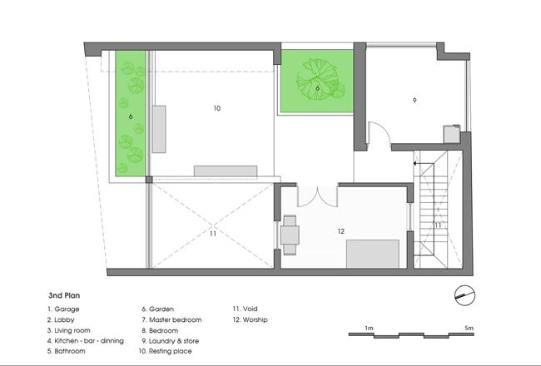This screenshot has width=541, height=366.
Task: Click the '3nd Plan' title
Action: coord(64,295)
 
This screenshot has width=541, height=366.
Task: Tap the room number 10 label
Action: coord(216,108)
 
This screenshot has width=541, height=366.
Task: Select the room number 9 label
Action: coord(414,101)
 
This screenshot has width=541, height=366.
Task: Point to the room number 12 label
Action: coord(341,231)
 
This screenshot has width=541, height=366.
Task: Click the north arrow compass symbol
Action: coord(464,295)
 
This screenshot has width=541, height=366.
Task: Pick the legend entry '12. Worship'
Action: coord(251,319)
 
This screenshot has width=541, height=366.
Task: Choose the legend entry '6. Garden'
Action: coord(157,309)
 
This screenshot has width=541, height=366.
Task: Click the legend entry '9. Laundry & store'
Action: coord(170,341)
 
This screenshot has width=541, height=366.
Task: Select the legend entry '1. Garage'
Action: coord(63,309)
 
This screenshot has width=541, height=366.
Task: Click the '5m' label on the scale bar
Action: coord(469,328)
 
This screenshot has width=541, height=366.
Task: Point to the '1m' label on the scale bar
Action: coord(369,328)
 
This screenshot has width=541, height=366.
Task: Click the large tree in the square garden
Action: coord(318,79)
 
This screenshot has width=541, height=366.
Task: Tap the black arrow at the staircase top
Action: coord(419,163)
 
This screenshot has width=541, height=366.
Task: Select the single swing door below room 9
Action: coord(380,132)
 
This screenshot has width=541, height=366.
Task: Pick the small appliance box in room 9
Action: coord(452,134)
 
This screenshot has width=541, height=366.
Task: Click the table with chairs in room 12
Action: coord(290,235)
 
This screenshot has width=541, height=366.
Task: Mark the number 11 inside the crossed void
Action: coord(213,234)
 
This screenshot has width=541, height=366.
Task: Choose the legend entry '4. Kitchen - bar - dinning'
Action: coord(86,341)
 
